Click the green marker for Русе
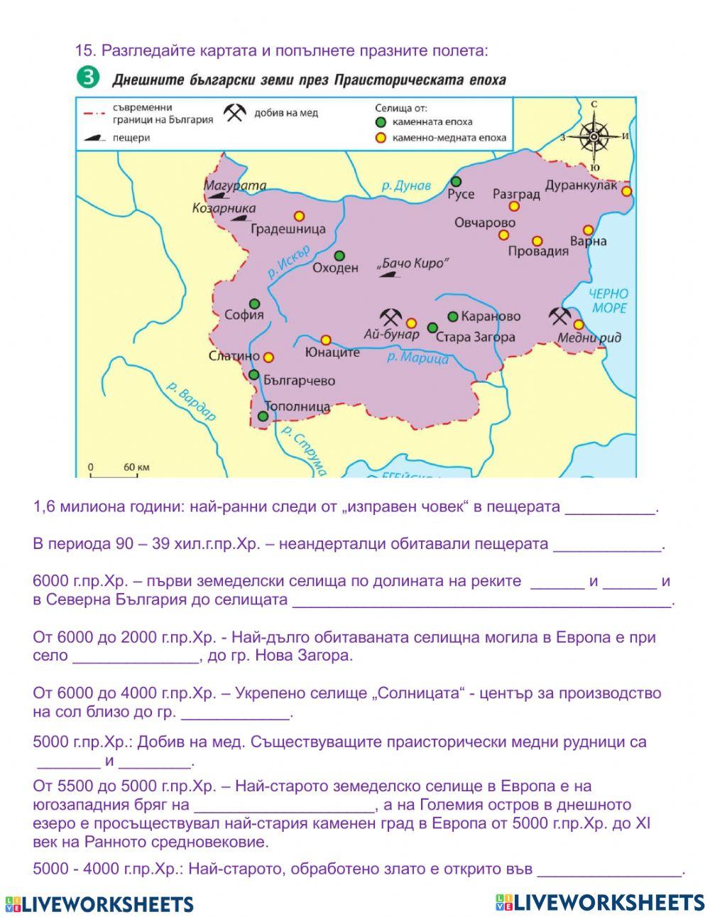[456, 181]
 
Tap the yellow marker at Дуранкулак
[626, 191]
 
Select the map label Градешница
[288, 229]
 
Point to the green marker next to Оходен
[339, 256]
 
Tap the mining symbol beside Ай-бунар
[391, 316]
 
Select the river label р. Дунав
[405, 186]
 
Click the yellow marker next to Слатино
[268, 357]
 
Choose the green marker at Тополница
[263, 417]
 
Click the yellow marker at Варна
[588, 230]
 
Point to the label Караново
[491, 316]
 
